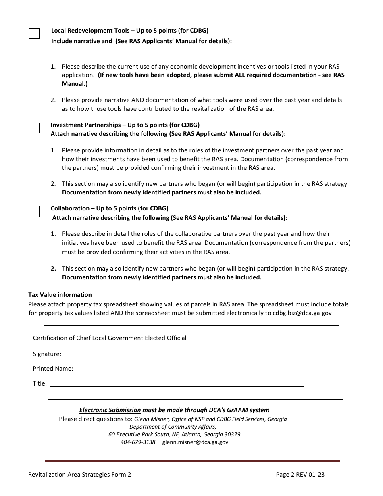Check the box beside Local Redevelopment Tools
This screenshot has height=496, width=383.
click(34, 33)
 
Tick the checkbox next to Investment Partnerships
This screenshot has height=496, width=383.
click(34, 128)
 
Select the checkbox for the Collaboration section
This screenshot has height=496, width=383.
click(34, 211)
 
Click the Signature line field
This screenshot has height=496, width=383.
click(184, 354)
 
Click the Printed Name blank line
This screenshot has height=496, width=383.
click(178, 368)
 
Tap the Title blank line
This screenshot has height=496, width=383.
click(176, 383)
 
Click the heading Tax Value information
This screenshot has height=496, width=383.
click(60, 295)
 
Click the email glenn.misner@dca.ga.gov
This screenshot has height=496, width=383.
click(195, 442)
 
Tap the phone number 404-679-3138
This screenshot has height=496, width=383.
click(138, 442)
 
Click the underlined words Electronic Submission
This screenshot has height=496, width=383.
click(110, 410)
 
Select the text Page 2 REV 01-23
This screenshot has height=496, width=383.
click(300, 475)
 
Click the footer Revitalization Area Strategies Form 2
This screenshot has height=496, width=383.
click(79, 475)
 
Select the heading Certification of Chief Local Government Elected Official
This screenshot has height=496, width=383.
click(110, 338)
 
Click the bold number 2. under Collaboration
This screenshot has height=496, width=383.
click(53, 269)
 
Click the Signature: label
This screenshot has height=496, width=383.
click(47, 354)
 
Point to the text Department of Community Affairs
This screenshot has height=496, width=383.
click(173, 427)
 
